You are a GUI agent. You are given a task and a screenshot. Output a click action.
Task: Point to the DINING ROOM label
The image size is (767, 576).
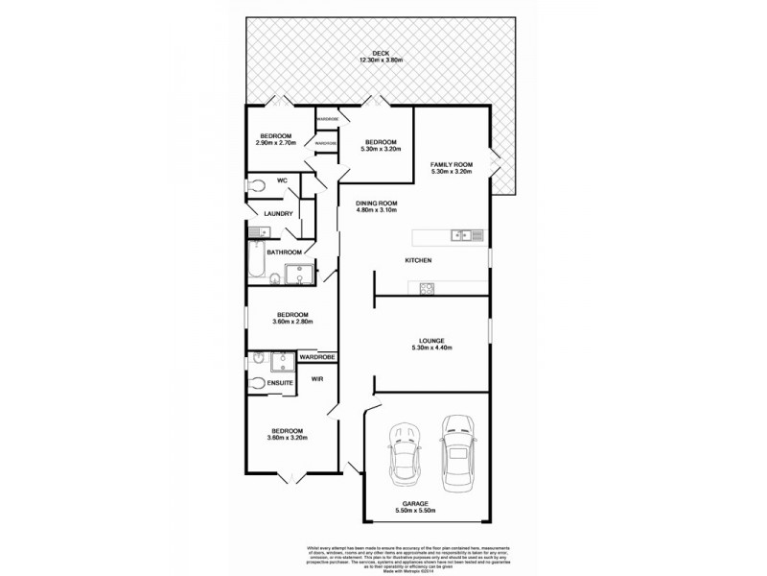377,204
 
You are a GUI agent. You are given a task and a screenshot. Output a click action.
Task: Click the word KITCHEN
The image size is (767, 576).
418,260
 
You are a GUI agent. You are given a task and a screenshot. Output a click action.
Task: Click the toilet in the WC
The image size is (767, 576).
256,185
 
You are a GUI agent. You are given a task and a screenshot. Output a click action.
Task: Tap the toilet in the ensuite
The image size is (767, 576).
257,382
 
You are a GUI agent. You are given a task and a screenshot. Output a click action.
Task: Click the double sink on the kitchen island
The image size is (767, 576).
460,233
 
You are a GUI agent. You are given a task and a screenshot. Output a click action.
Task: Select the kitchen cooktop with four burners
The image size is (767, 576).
426,287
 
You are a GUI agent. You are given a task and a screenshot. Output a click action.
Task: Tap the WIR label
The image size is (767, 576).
317,380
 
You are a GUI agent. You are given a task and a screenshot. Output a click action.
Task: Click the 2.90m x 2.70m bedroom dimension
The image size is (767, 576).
275,143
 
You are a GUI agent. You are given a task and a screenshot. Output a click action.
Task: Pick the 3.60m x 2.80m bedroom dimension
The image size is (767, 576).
292,323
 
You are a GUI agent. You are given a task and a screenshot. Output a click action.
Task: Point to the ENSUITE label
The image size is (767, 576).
280,383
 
